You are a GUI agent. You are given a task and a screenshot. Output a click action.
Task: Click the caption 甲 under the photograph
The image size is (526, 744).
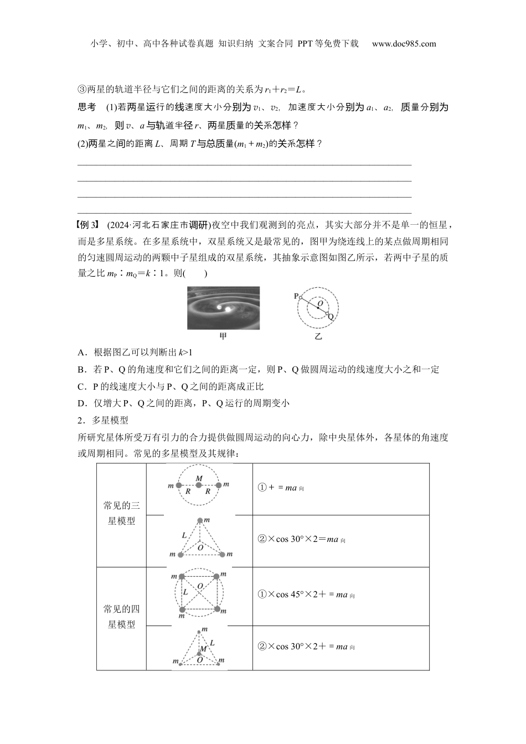223,336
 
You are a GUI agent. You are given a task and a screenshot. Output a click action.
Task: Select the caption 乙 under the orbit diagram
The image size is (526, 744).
318,336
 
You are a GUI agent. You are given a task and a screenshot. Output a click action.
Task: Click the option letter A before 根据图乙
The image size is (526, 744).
81,353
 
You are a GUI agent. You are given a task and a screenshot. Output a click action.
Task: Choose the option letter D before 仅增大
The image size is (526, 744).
81,403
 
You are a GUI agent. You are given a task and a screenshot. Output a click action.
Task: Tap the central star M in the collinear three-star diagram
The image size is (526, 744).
199,485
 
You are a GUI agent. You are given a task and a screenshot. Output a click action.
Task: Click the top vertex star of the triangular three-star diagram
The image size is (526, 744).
200,520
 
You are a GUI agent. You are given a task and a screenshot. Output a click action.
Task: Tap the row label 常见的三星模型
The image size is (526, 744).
122,513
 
